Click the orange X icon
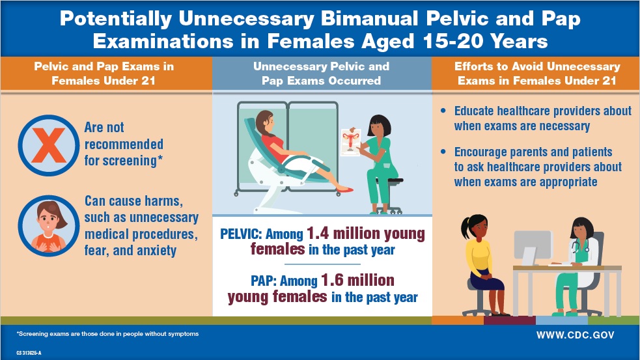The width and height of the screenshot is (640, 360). coord(49,145)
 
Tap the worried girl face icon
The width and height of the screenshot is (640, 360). coord(49,226)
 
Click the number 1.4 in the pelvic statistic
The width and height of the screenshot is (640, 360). coord(318,233)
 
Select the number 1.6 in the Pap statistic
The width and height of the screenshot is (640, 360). coord(332,280)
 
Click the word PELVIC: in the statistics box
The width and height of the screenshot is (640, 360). coord(241,234)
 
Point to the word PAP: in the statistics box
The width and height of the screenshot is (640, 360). coord(264,281)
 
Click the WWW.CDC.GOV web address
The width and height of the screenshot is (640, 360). coord(575,335)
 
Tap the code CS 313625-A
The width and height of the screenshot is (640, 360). coord(29,353)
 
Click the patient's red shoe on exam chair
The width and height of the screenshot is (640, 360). coord(345,189)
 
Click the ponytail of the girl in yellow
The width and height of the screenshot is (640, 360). coord(465,228)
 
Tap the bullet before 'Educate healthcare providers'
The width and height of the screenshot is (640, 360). coord(443,111)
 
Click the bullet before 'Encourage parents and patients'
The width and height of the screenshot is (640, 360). coord(443,152)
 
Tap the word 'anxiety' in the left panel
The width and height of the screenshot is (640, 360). coord(156,251)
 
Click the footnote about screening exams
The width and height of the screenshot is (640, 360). coord(108,334)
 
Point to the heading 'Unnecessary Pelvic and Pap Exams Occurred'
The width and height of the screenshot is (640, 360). coord(321,74)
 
